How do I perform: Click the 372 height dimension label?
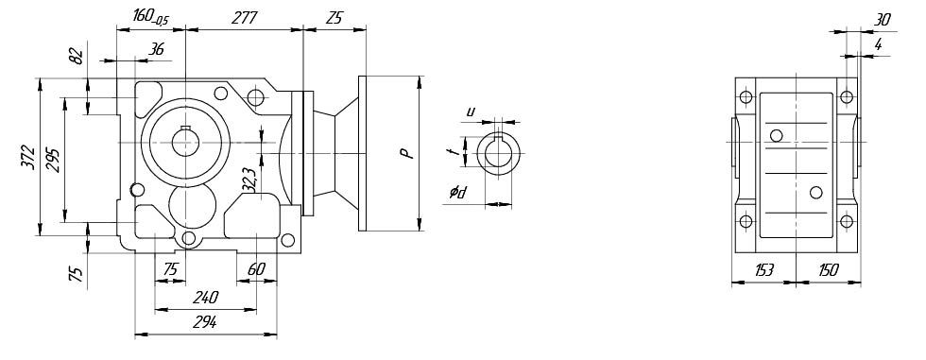pos(27,157)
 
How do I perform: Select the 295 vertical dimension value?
pos(53,157)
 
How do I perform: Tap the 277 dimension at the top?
pos(244,18)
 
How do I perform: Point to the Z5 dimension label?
pos(334,18)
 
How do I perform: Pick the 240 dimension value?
pos(205,297)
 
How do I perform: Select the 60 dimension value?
pos(256,269)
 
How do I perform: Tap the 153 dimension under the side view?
pos(763,270)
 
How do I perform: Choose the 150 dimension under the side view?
pos(828,270)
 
